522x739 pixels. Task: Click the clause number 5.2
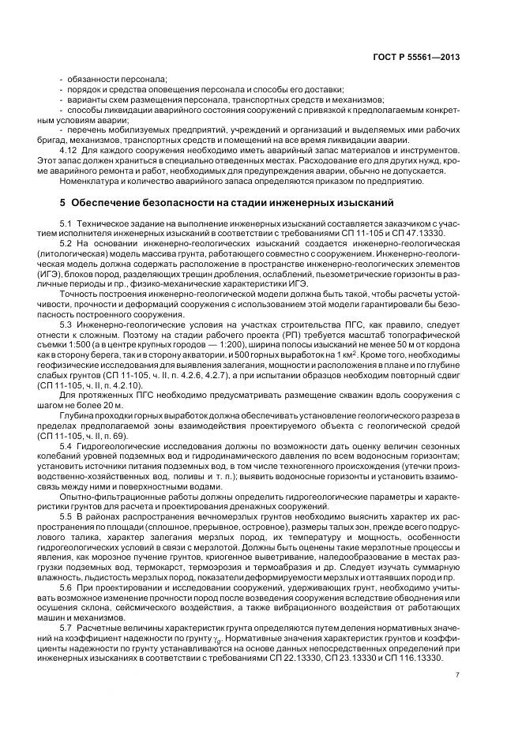point(66,245)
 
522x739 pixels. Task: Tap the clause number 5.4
point(66,445)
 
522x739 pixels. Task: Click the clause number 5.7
point(66,627)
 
